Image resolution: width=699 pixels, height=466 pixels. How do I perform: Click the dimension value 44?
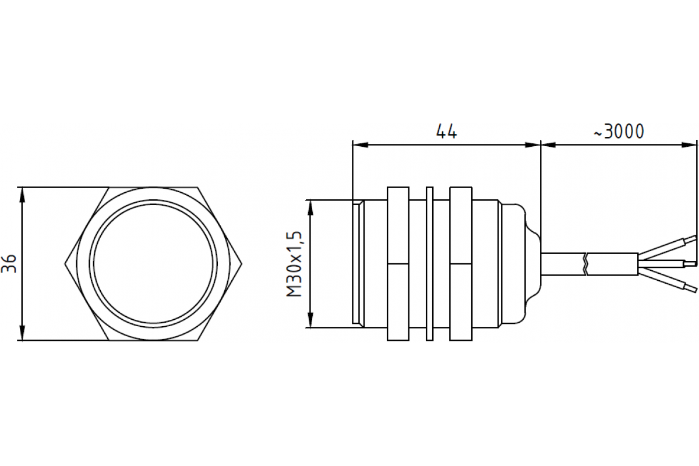click(x=447, y=132)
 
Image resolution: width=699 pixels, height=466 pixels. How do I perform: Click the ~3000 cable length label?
click(x=619, y=132)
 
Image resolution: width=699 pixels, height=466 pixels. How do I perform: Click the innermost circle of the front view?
click(x=154, y=264)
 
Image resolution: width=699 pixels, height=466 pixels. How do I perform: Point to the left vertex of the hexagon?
click(x=65, y=264)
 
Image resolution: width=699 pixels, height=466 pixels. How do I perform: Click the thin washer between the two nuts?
click(x=430, y=263)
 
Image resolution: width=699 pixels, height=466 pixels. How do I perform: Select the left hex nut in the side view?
click(x=398, y=263)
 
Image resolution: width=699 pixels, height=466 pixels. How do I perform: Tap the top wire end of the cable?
click(x=691, y=238)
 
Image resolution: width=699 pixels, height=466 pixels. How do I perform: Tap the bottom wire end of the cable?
click(x=691, y=288)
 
